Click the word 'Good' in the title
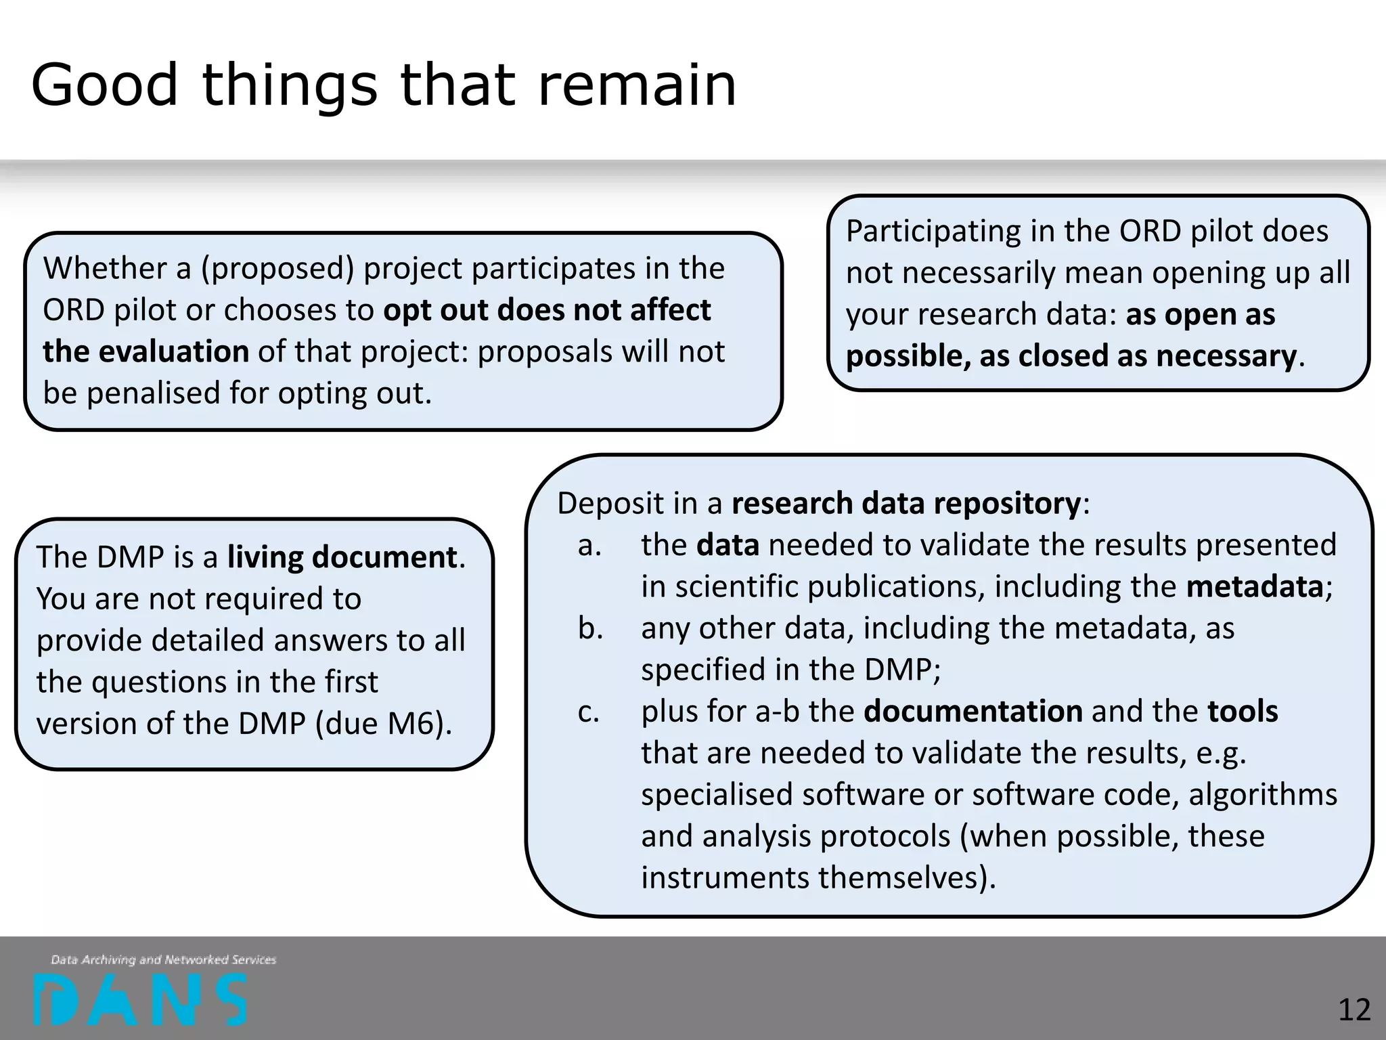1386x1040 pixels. point(105,85)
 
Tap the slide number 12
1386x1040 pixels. point(1354,1010)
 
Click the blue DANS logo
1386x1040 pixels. point(140,999)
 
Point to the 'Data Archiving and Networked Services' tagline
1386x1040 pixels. point(164,959)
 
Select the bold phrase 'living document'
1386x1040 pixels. point(342,557)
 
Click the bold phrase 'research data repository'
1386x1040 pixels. point(907,503)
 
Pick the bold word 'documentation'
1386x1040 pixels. point(973,712)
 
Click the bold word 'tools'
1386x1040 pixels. point(1243,712)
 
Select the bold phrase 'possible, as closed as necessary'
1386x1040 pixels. point(1071,356)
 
